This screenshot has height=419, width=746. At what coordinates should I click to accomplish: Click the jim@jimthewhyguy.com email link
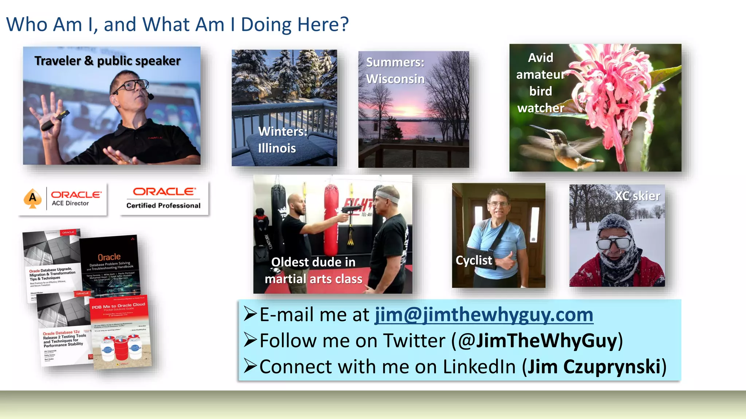[x=484, y=315]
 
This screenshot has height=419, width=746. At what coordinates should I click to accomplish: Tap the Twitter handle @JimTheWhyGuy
[x=538, y=341]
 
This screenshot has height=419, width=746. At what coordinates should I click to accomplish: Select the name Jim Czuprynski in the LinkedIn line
[x=594, y=367]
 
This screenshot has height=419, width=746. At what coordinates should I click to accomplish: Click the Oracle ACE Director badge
[x=63, y=199]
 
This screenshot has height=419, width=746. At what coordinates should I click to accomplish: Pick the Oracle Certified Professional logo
[x=164, y=198]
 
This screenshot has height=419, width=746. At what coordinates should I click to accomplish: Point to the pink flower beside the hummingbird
[x=612, y=91]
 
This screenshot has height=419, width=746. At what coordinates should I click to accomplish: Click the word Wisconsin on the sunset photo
[x=395, y=79]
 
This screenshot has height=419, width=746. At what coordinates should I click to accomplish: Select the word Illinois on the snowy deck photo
[x=277, y=148]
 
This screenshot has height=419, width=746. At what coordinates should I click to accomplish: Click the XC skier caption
[x=637, y=196]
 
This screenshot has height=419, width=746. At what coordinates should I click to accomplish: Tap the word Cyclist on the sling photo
[x=474, y=260]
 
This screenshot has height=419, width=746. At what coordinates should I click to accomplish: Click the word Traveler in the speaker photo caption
[x=58, y=61]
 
